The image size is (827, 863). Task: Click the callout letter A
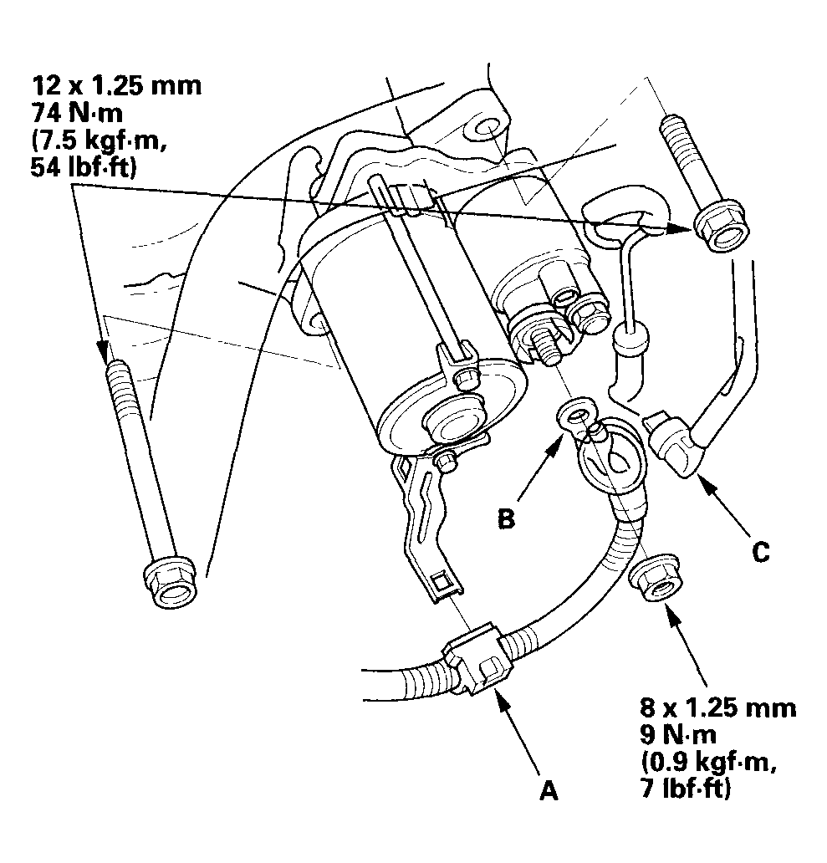(548, 789)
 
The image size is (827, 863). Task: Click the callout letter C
(759, 553)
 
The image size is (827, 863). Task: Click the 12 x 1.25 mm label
(116, 87)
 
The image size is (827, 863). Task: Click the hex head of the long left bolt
(172, 582)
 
